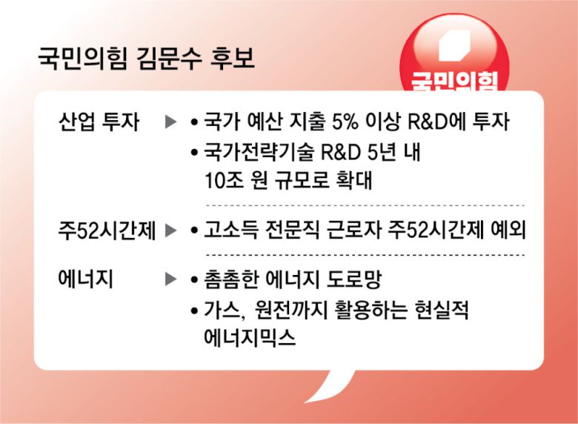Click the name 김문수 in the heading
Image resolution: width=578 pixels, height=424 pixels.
(x=169, y=59)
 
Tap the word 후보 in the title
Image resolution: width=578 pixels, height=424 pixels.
(x=232, y=59)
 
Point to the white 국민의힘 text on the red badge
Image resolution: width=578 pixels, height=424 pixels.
(x=454, y=81)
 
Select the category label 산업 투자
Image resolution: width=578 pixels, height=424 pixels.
(x=99, y=122)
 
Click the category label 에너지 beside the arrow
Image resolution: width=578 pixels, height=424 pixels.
(x=85, y=279)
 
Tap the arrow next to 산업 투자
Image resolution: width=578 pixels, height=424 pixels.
(x=170, y=122)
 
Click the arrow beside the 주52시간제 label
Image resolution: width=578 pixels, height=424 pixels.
(x=170, y=231)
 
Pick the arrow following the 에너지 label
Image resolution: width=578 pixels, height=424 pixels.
(x=170, y=279)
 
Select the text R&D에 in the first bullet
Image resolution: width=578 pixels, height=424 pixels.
(x=436, y=122)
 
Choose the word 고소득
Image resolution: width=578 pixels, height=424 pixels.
(x=230, y=230)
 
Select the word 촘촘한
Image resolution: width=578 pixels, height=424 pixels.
(x=230, y=279)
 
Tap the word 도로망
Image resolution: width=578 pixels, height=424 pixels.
(x=353, y=279)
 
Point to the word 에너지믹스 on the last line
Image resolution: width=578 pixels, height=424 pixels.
(x=250, y=337)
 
